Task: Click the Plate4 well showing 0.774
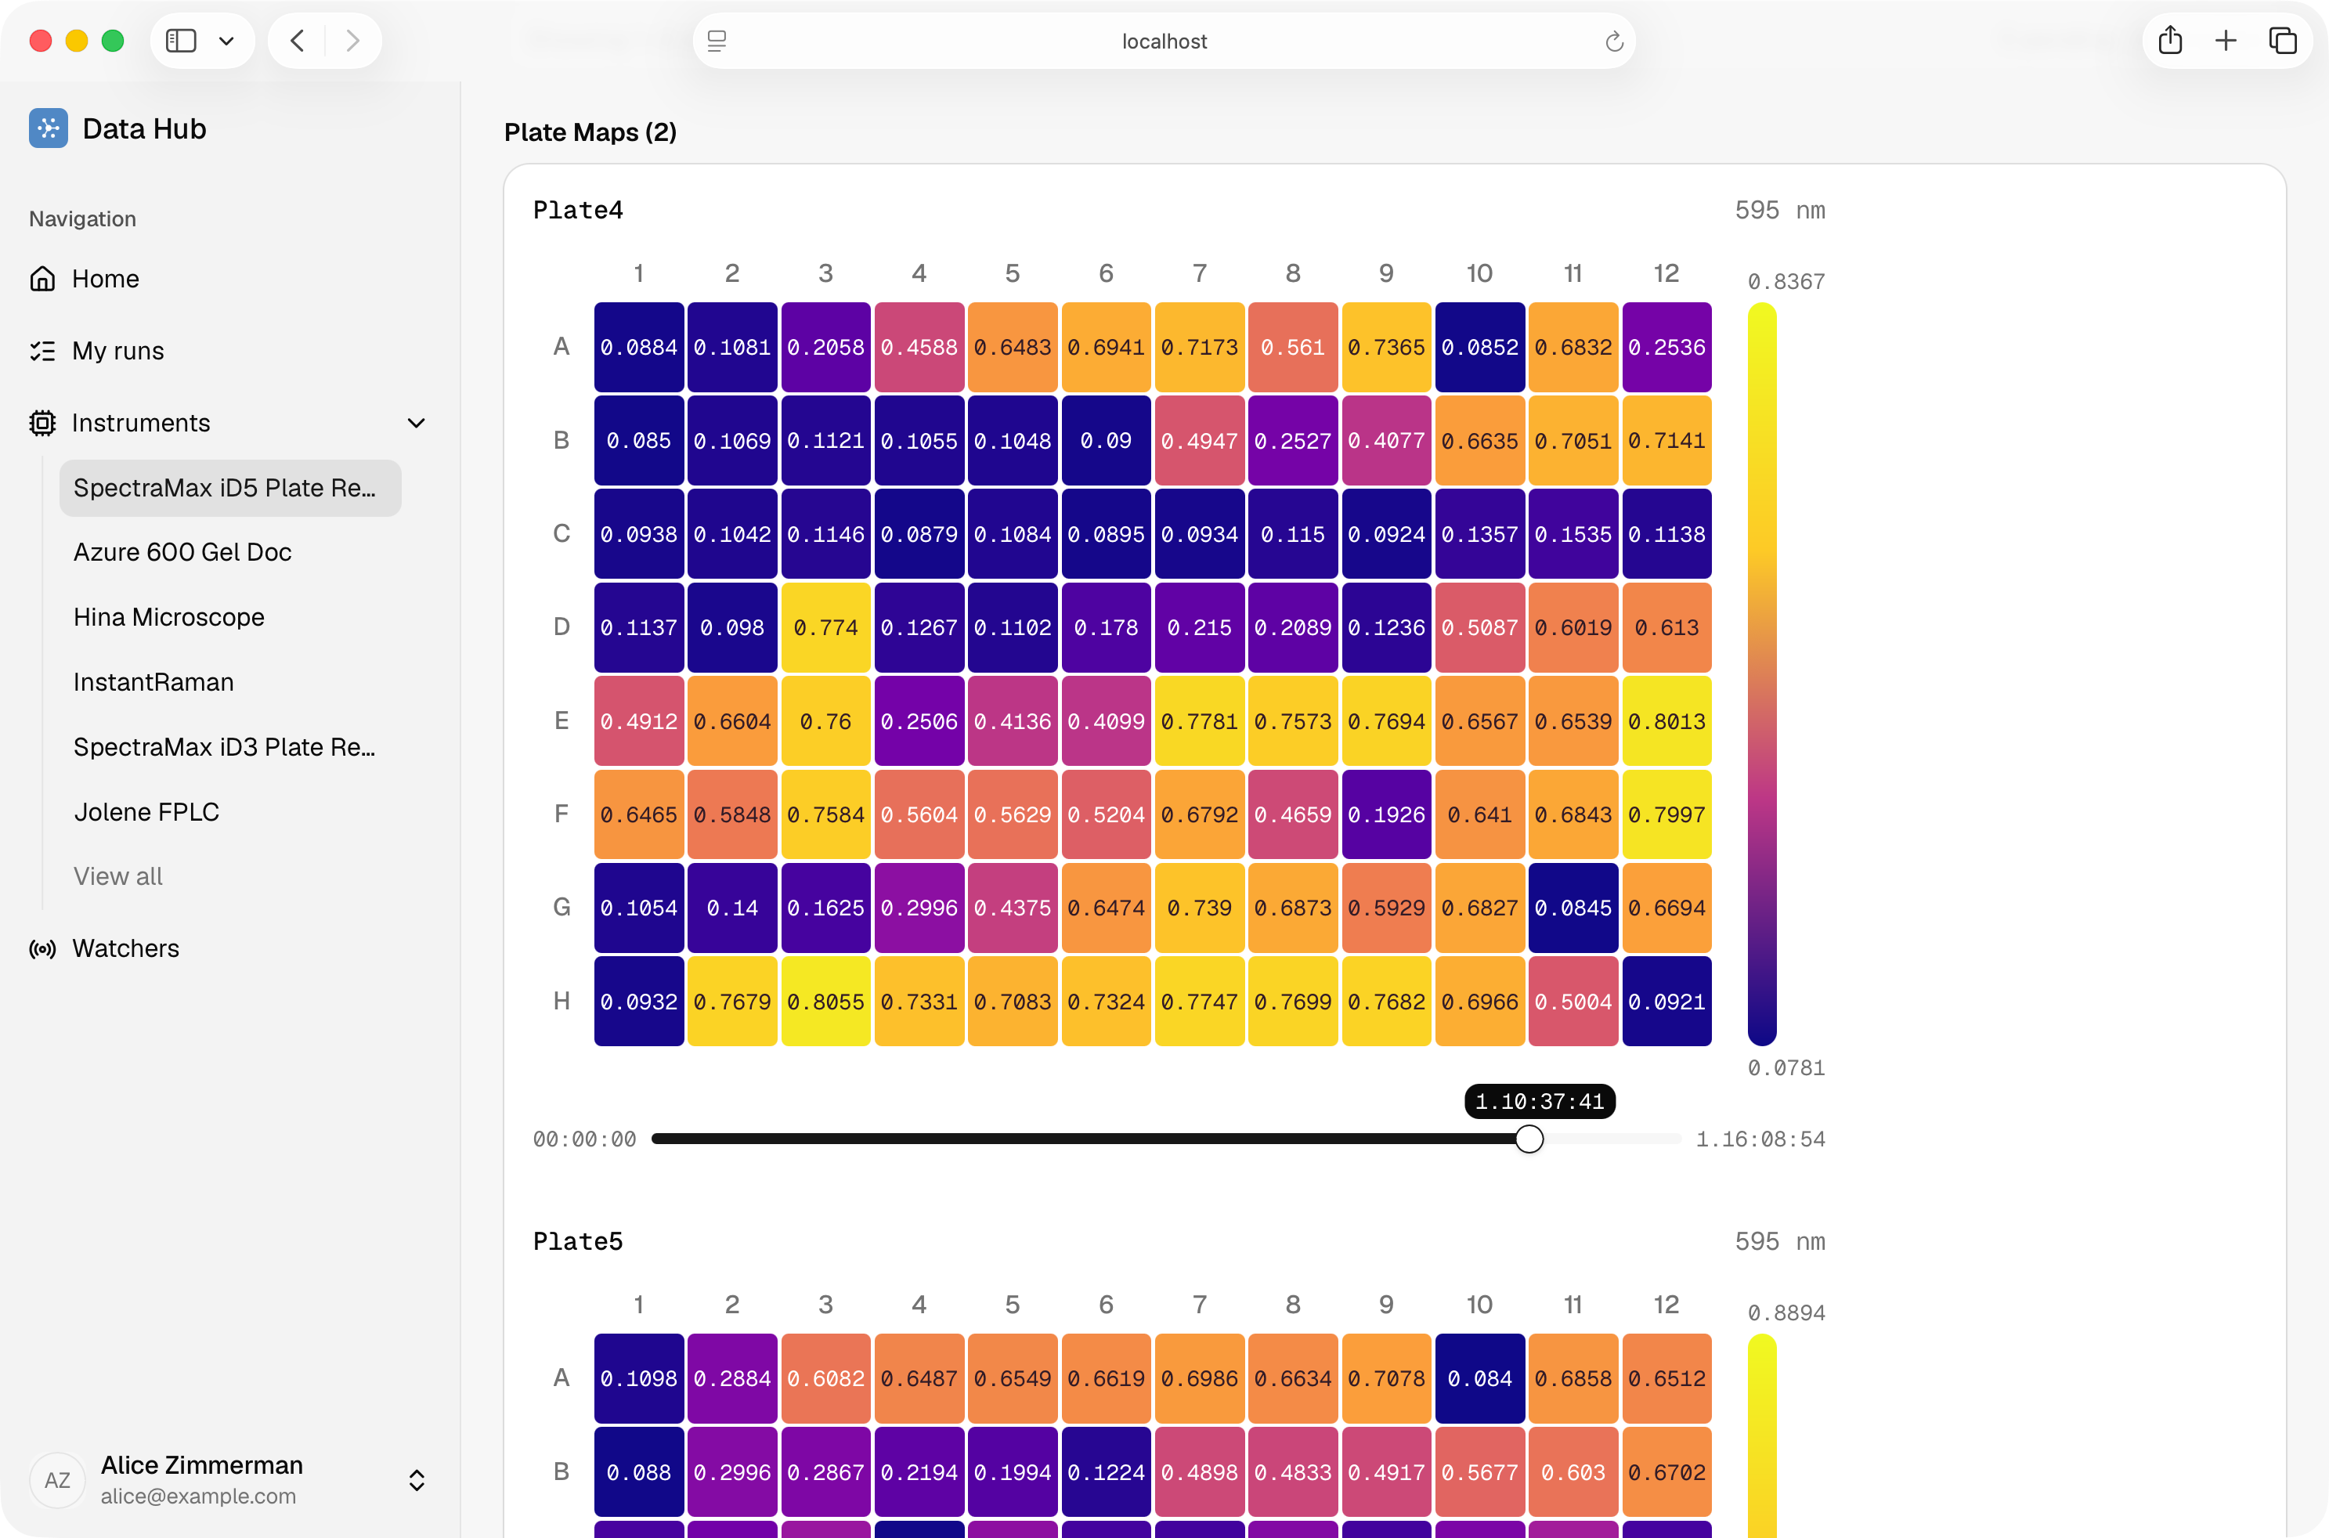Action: click(825, 628)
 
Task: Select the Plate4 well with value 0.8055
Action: click(825, 1002)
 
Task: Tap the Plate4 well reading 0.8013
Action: click(1667, 721)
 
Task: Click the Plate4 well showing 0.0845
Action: click(1574, 908)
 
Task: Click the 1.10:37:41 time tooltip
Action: click(1540, 1102)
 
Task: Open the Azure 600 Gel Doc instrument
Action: click(182, 552)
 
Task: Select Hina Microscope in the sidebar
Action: click(168, 617)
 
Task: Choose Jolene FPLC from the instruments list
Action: click(146, 812)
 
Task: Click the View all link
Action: click(117, 877)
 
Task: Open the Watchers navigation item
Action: click(125, 948)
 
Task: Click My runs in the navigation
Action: click(117, 351)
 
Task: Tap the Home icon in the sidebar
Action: click(42, 280)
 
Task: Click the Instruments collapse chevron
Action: click(417, 423)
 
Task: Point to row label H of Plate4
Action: click(561, 1002)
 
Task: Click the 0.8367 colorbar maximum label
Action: click(1786, 283)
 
